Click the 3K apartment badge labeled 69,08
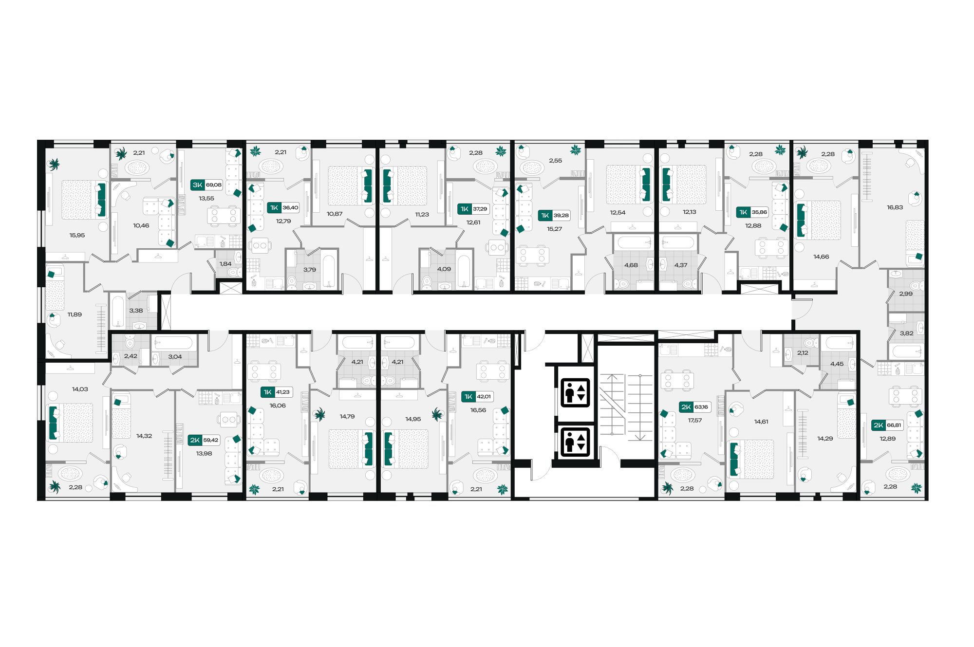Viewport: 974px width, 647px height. [206, 185]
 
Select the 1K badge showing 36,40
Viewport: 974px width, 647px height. [283, 208]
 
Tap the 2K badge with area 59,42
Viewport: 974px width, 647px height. [204, 440]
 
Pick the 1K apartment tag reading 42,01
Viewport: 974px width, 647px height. [477, 397]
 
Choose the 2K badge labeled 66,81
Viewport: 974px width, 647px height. [887, 425]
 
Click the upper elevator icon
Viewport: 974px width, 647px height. [575, 392]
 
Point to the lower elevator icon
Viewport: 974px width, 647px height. [575, 442]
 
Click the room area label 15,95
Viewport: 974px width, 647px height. [77, 235]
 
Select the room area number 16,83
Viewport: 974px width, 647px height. [895, 207]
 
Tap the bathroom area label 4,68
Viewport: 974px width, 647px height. [631, 265]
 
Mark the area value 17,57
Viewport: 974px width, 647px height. [694, 420]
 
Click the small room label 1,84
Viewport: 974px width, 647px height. [225, 264]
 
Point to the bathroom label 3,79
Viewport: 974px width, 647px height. [309, 270]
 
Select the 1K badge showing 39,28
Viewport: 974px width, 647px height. [554, 216]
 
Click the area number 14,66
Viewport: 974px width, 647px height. [821, 257]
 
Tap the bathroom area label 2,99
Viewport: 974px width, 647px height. [905, 294]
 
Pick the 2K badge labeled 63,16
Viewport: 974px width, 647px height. [694, 407]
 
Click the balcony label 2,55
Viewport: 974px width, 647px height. [555, 161]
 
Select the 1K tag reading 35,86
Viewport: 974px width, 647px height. [752, 212]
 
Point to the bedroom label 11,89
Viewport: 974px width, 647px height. [75, 314]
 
